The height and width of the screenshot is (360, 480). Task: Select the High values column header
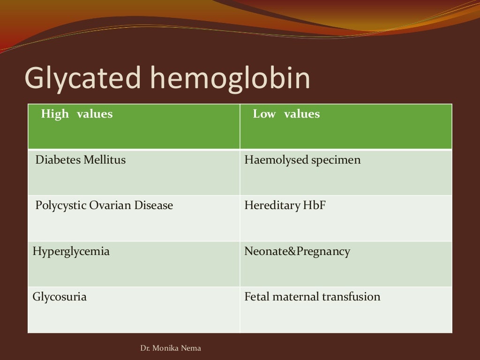click(x=77, y=114)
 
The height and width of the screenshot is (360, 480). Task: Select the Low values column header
click(x=286, y=114)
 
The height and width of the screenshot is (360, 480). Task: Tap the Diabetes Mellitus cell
click(x=81, y=160)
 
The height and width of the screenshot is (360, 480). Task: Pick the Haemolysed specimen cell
click(x=302, y=160)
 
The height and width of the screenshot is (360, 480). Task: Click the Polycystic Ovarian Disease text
click(x=104, y=205)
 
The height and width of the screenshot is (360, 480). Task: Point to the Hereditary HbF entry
click(x=285, y=205)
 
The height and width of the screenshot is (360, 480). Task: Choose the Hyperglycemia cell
click(x=71, y=251)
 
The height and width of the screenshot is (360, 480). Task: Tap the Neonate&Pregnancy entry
click(x=297, y=251)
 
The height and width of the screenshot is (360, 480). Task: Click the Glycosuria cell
click(x=60, y=297)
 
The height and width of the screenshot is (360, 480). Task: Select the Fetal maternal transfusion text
click(x=312, y=297)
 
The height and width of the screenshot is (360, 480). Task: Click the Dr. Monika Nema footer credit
click(x=171, y=348)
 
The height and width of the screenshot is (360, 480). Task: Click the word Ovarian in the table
click(x=112, y=205)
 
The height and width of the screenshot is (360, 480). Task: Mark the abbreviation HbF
click(x=315, y=205)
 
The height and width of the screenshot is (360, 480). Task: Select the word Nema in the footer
click(x=192, y=348)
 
